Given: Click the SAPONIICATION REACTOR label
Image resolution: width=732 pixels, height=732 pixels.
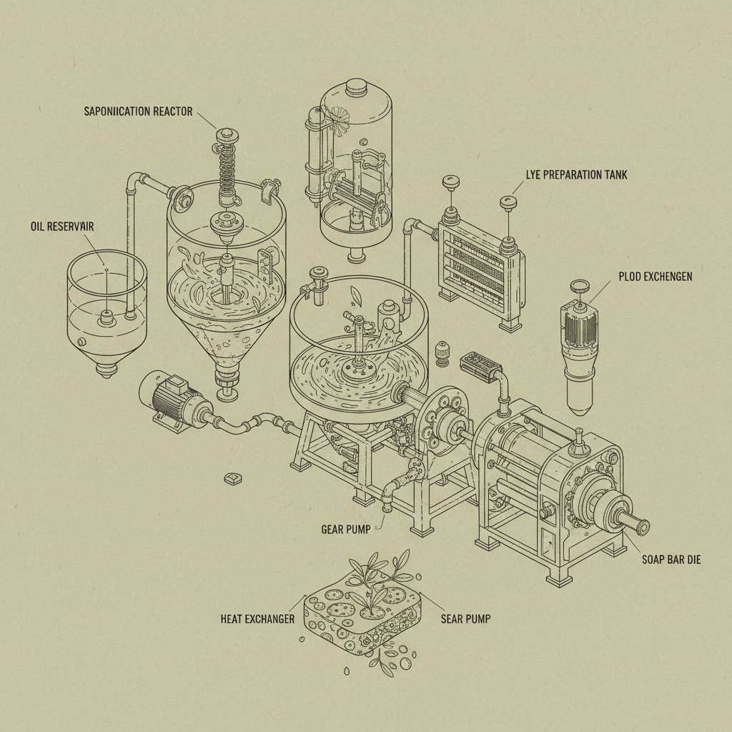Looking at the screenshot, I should click(137, 112).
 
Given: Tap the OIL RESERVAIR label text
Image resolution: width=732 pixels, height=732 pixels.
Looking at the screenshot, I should click(62, 227).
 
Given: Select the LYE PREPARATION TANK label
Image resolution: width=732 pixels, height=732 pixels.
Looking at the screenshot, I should click(576, 174).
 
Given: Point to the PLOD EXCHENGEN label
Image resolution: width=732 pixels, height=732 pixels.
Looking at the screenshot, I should click(654, 277).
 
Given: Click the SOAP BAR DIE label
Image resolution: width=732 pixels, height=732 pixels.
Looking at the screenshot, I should click(671, 559).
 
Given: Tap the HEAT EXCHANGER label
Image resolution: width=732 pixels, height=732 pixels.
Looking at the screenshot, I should click(257, 619).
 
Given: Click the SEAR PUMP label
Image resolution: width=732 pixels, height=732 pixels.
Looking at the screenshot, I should click(465, 619).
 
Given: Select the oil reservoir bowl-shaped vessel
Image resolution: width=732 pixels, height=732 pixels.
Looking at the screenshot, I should click(107, 307).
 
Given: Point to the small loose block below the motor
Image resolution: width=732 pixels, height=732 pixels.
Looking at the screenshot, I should click(231, 478).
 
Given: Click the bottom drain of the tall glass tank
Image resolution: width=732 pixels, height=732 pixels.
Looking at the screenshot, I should click(355, 256).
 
